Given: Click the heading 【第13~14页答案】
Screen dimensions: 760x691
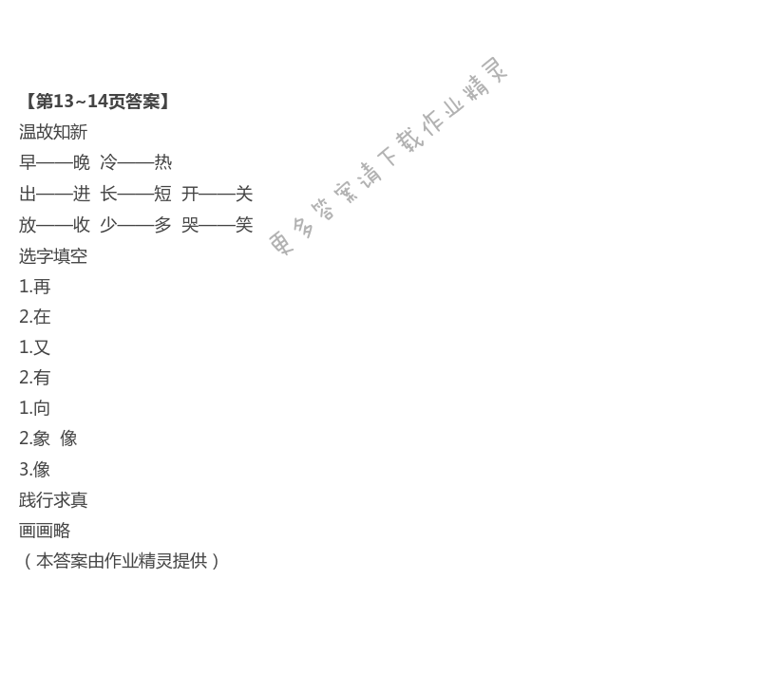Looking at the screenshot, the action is coord(97,102).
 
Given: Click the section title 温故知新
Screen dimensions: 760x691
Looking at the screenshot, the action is coord(53,132).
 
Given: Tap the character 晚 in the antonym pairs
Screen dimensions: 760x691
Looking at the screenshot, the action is coord(82,162).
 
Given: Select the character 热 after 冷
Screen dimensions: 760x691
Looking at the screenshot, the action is coord(163,162).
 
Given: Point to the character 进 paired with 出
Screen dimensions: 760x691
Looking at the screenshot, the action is coord(82,194).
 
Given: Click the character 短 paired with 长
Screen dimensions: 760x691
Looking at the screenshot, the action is coord(163,194).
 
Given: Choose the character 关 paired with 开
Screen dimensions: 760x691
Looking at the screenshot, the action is coord(244,194).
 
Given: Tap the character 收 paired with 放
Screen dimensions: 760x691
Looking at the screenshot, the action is coord(82,225).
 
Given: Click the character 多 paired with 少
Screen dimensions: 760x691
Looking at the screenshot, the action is coord(163,225).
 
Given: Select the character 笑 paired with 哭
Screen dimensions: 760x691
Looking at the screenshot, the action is coord(244,225).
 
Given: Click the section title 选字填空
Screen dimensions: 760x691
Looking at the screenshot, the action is coord(53,256).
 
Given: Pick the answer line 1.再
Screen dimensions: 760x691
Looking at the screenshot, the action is coord(35,287).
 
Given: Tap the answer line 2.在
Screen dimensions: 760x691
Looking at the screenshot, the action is coord(35,317).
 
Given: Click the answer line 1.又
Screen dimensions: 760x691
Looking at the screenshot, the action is coord(35,347).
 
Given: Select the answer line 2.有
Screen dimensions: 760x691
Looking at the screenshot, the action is coord(35,378).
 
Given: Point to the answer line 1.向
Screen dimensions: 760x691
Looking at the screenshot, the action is coord(35,408).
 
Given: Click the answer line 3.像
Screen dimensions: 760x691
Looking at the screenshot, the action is coord(35,470).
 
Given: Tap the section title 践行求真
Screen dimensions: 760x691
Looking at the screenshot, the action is coord(53,500).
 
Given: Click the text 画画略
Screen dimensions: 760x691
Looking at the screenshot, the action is coord(45,531).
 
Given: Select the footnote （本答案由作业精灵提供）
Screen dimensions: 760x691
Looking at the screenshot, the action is coord(121,561).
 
